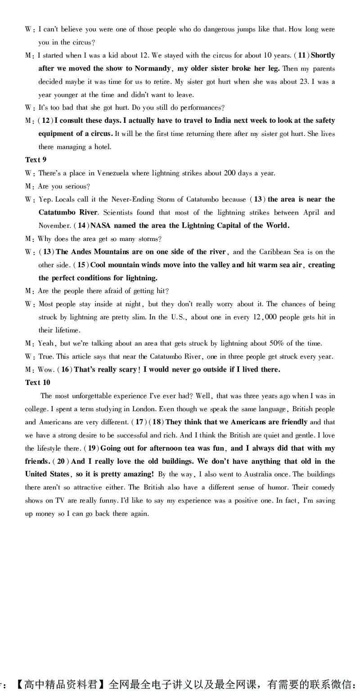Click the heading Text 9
[x=36, y=160]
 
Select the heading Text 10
[x=37, y=382]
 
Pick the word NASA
[x=101, y=225]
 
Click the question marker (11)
[x=301, y=55]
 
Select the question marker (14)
[x=81, y=225]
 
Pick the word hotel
[x=103, y=147]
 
